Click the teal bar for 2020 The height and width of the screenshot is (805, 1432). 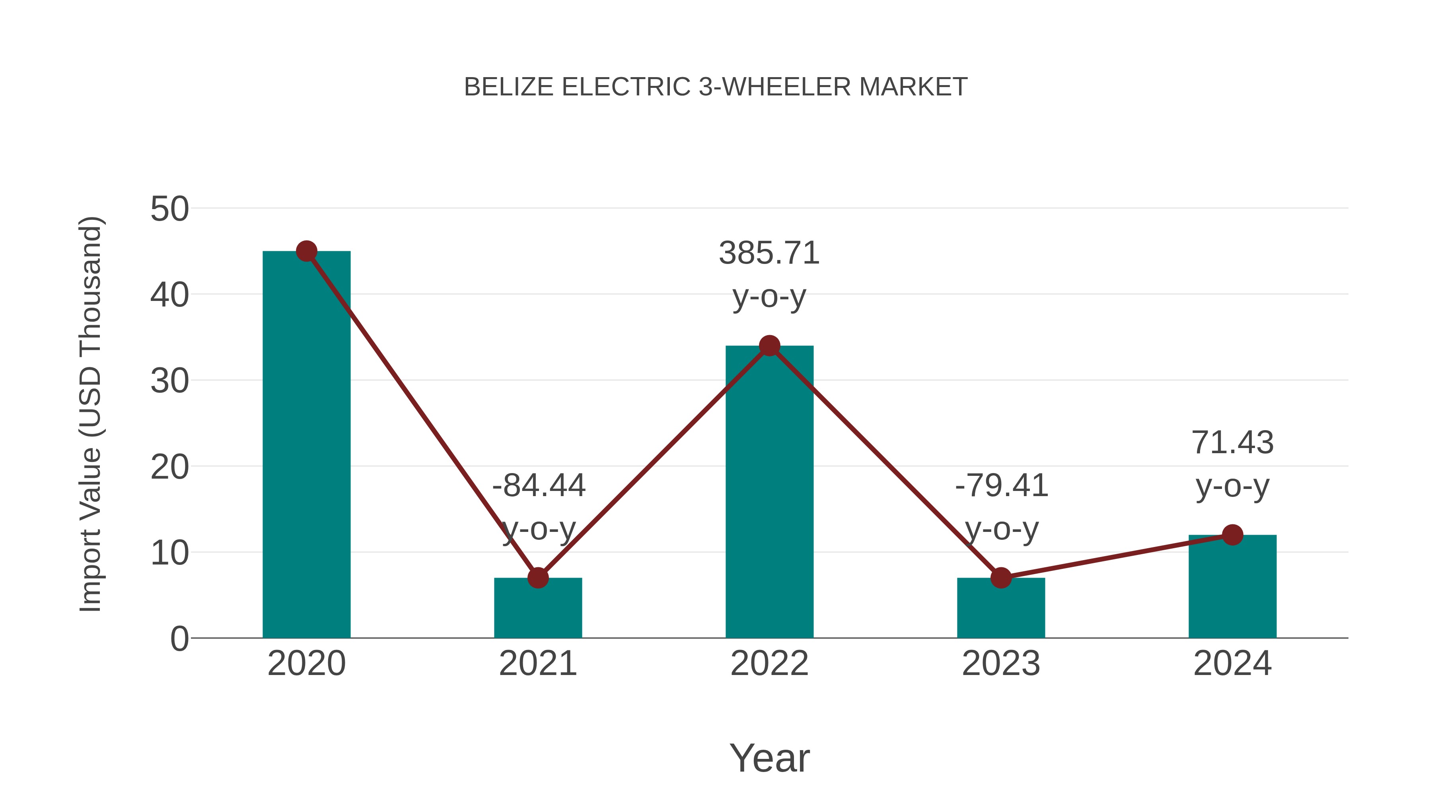[x=306, y=444]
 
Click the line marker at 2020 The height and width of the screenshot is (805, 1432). [x=306, y=251]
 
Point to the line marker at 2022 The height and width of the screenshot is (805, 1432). [x=769, y=345]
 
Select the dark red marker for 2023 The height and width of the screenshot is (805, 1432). [x=1001, y=578]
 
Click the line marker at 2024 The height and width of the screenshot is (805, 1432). [x=1232, y=535]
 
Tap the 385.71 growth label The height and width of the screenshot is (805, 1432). [x=769, y=253]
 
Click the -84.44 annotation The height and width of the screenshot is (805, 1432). [x=539, y=485]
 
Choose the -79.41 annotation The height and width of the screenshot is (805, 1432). [x=1001, y=485]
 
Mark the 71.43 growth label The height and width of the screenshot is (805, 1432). [x=1232, y=443]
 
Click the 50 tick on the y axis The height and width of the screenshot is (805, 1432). [x=169, y=209]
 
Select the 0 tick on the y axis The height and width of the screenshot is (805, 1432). [x=179, y=639]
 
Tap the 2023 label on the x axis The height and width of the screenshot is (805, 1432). [x=1001, y=663]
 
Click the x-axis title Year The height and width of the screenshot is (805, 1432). [x=769, y=758]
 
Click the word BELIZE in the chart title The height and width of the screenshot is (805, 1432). [x=509, y=87]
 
